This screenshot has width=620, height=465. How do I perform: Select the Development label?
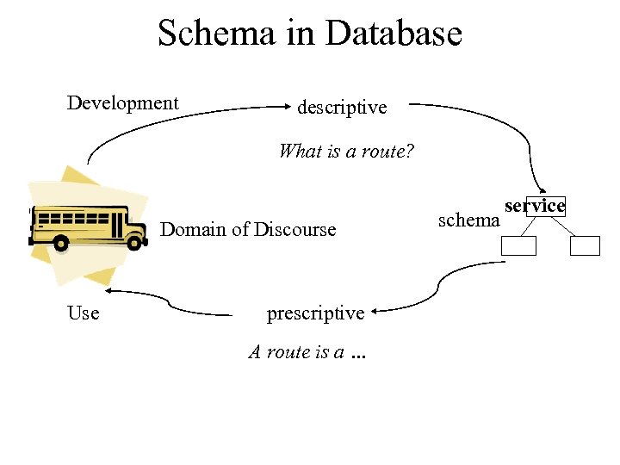coord(123,103)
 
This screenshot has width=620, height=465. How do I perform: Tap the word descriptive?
coord(342,108)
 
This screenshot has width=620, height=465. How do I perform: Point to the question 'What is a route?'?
coord(346,152)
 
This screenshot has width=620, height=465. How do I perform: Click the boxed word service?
coord(535,206)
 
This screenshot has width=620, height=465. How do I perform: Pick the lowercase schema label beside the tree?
coord(468,220)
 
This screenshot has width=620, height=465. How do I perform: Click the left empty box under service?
coord(519,245)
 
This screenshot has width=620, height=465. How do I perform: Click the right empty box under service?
coord(585,245)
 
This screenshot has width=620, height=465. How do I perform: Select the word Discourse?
coord(294,229)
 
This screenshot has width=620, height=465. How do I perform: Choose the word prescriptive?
coord(315,313)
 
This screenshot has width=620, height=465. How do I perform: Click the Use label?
coord(84,313)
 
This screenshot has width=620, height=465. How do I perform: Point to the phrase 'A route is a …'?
coord(307,351)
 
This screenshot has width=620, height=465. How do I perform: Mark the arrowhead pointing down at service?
coord(542,192)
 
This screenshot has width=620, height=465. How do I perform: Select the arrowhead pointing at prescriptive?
coord(380,311)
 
